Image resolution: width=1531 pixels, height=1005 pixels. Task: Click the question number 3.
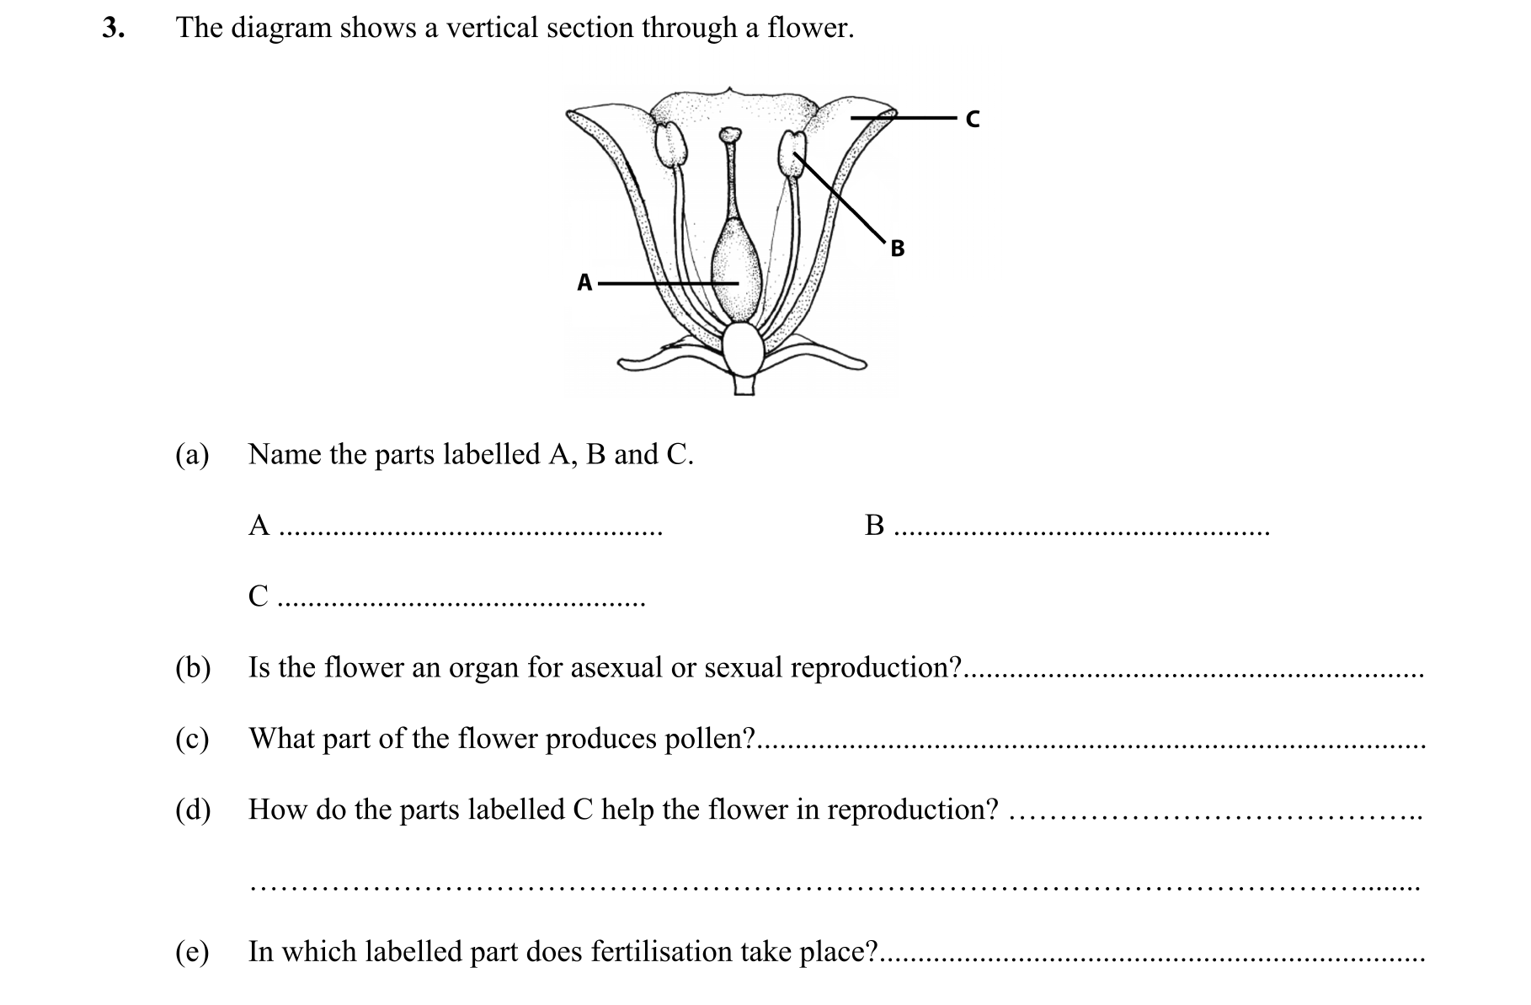click(x=113, y=29)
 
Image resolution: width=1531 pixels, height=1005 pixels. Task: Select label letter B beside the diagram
click(x=898, y=249)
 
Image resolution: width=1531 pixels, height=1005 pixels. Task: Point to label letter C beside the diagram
click(x=973, y=120)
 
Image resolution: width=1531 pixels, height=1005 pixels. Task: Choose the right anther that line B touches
click(x=793, y=152)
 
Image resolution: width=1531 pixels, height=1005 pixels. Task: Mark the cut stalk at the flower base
click(x=744, y=387)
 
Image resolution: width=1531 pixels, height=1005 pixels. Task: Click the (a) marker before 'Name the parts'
click(x=192, y=455)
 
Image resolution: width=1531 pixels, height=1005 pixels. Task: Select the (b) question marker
click(x=192, y=668)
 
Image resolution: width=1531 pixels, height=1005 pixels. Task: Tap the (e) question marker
click(x=192, y=953)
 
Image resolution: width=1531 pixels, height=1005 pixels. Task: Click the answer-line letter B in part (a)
click(x=875, y=526)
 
